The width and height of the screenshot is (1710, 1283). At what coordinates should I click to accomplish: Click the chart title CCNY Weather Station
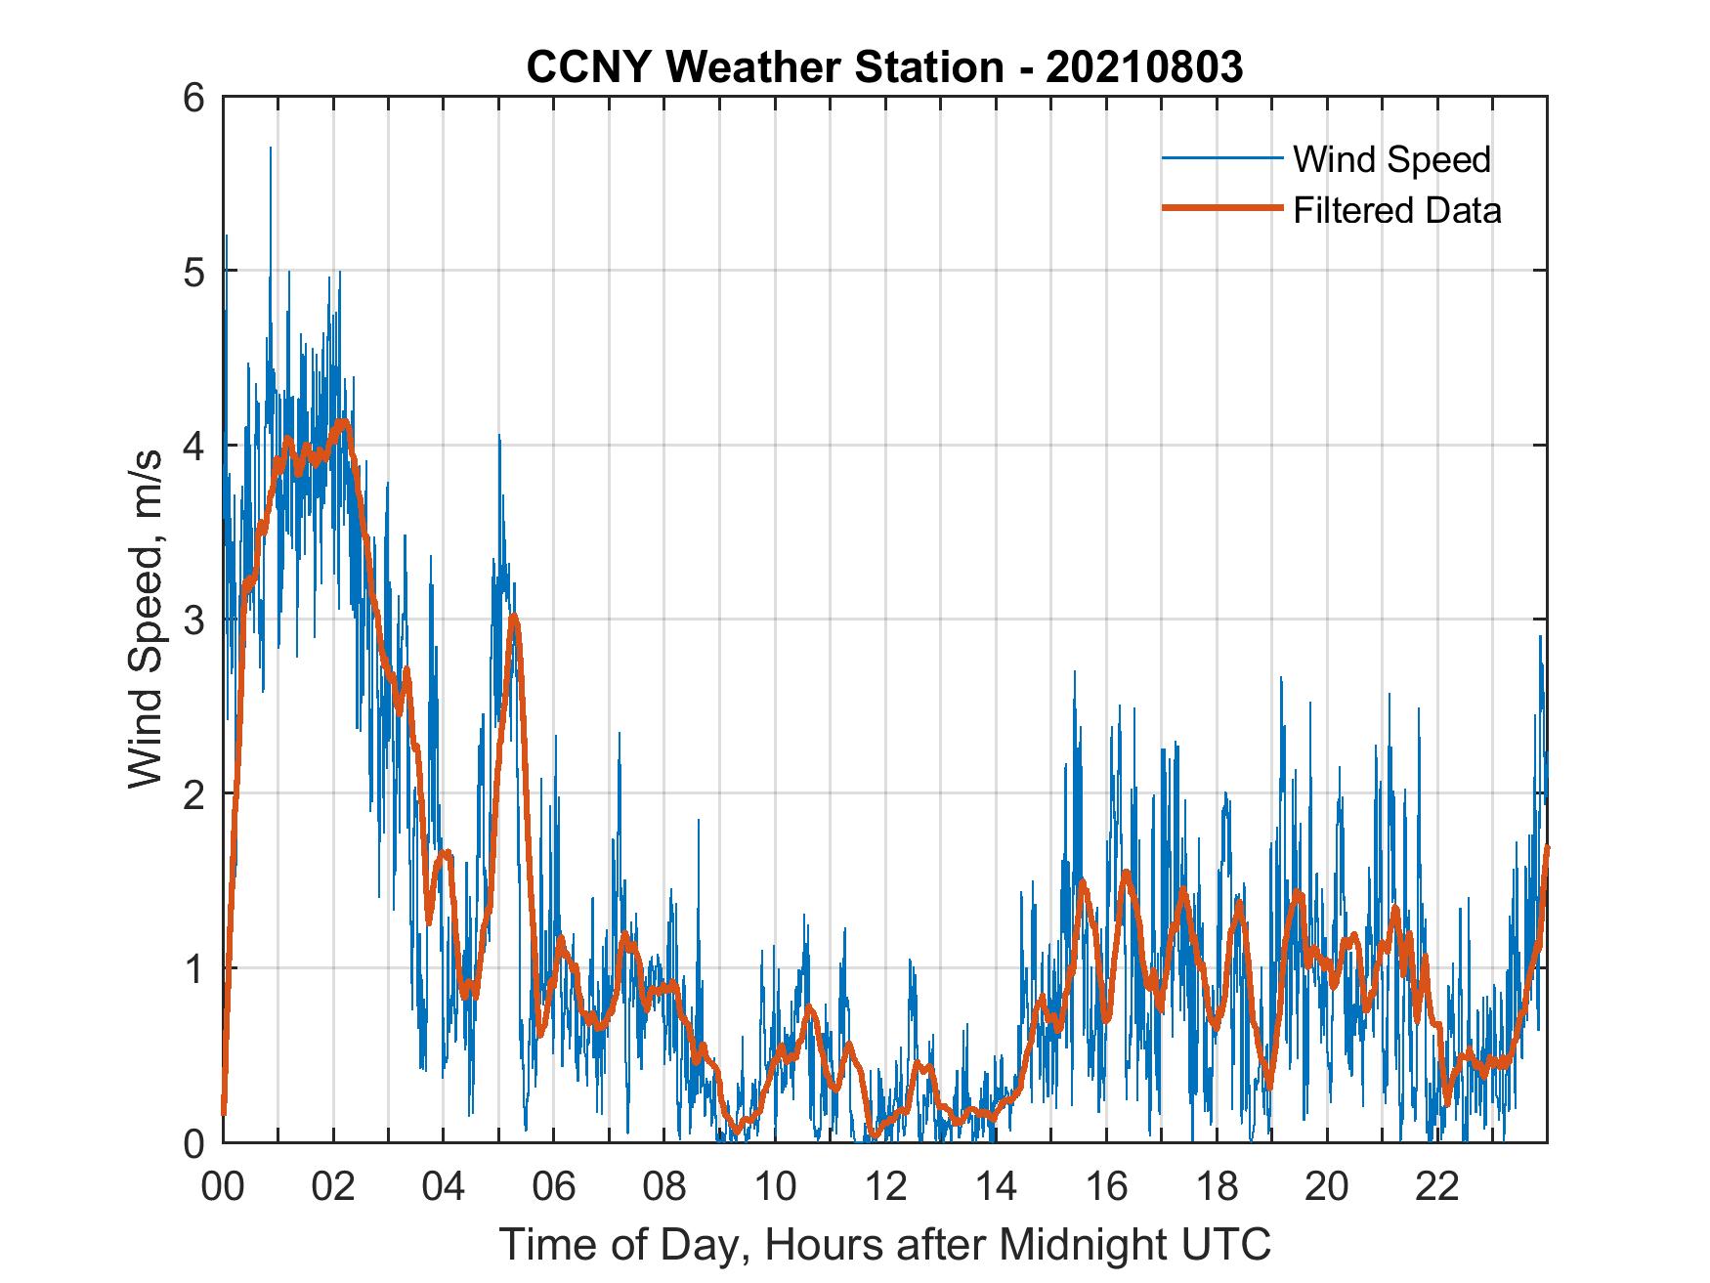[764, 67]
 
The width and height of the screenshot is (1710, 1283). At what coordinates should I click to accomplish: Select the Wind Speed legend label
[1391, 159]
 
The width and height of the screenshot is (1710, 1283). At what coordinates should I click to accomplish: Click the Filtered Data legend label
[1396, 210]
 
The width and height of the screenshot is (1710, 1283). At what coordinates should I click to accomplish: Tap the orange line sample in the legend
[1221, 208]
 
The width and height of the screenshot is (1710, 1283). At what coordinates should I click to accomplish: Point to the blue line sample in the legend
[1221, 158]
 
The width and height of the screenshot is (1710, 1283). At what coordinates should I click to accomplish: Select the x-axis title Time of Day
[885, 1246]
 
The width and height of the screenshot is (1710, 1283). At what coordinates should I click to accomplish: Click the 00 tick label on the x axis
[223, 1188]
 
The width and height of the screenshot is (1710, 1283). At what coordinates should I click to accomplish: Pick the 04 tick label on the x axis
[444, 1188]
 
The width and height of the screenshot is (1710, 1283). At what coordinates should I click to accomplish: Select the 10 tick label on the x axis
[775, 1188]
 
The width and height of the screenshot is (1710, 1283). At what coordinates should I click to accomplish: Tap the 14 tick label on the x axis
[996, 1188]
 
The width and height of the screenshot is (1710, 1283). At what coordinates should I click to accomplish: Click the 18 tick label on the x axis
[1217, 1188]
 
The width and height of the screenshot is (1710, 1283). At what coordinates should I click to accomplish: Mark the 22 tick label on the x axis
[1437, 1188]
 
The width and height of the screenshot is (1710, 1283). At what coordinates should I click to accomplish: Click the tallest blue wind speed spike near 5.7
[271, 150]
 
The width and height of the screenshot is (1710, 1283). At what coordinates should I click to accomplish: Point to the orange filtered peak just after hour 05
[514, 617]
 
